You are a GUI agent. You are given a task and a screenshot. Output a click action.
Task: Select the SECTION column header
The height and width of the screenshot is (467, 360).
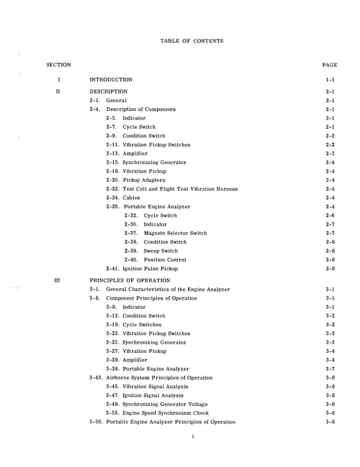[59, 65]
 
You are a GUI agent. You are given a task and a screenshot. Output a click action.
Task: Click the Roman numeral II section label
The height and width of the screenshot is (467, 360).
[59, 91]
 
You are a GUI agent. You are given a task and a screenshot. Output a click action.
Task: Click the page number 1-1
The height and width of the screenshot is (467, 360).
[329, 79]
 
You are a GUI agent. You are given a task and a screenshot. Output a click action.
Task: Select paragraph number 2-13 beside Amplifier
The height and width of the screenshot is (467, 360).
[113, 153]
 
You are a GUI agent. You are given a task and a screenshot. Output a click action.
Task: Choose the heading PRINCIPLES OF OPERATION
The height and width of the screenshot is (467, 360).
[131, 280]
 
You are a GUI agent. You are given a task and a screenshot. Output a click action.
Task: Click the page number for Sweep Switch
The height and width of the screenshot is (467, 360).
[329, 251]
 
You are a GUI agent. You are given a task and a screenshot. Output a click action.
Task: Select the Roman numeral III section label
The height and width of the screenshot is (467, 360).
[59, 280]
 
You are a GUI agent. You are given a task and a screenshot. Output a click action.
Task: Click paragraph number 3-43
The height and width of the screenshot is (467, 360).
[96, 378]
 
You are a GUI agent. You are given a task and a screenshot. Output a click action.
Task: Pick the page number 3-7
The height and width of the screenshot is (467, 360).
[329, 369]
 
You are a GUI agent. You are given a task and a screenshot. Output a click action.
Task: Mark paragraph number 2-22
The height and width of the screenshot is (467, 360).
[113, 189]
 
